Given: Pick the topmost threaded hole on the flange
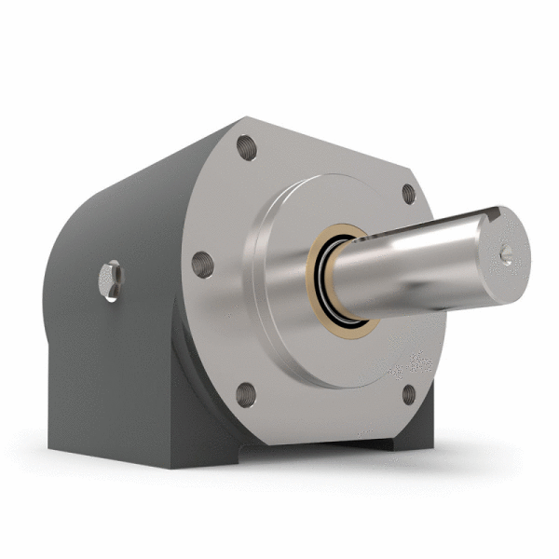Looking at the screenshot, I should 246,146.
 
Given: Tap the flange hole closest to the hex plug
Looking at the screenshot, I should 202,264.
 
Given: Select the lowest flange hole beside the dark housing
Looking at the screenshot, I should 246,394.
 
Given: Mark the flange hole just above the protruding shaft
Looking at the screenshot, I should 407,194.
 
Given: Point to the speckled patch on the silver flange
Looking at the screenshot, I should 410,363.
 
